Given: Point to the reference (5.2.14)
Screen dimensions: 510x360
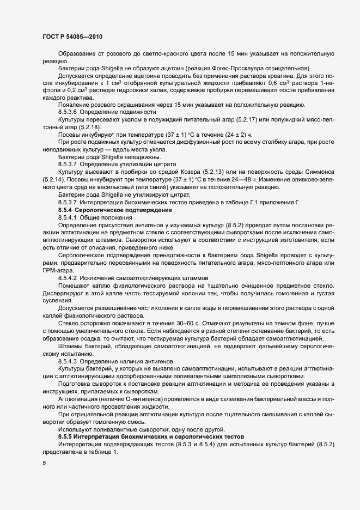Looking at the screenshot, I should (54, 179).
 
